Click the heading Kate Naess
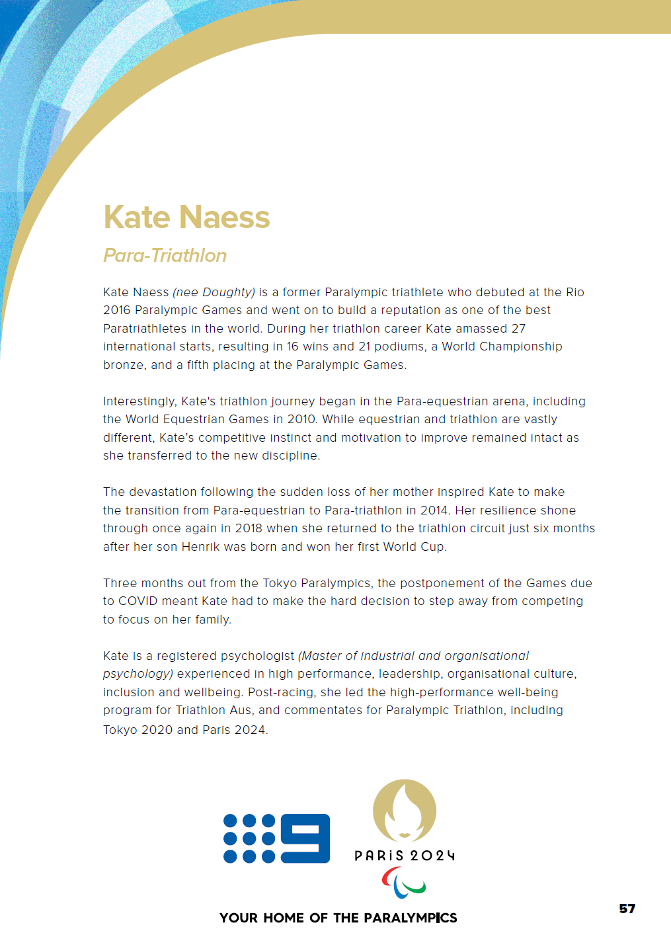[186, 218]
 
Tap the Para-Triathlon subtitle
[165, 255]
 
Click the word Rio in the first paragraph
[575, 292]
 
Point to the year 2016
[117, 310]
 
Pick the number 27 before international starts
[518, 329]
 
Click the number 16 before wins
[293, 346]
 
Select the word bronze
[123, 365]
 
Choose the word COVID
[138, 601]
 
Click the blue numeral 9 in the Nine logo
[305, 838]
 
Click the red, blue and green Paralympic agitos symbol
[404, 883]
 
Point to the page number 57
[627, 909]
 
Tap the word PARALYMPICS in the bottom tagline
[410, 918]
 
